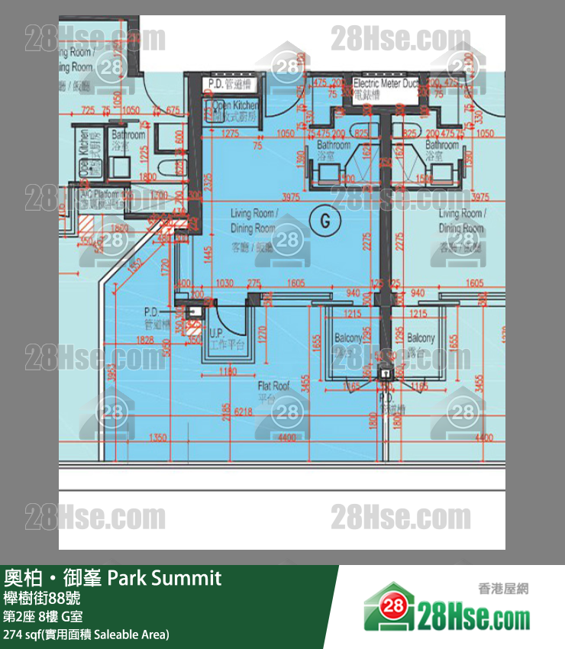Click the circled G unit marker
(326, 221)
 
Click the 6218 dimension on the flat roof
(244, 412)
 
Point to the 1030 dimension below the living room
(224, 283)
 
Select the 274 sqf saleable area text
(86, 634)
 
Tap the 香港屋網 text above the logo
(503, 589)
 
